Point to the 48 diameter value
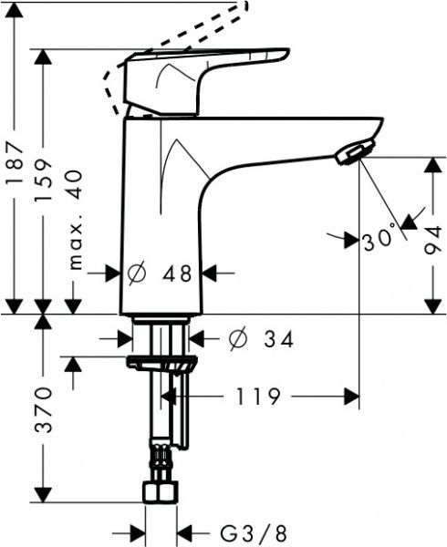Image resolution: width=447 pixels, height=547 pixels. point(178,272)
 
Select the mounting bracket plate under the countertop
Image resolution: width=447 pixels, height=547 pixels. point(162,365)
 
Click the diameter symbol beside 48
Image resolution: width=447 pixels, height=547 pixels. point(138,272)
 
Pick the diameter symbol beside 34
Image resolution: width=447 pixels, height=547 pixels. point(233,339)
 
